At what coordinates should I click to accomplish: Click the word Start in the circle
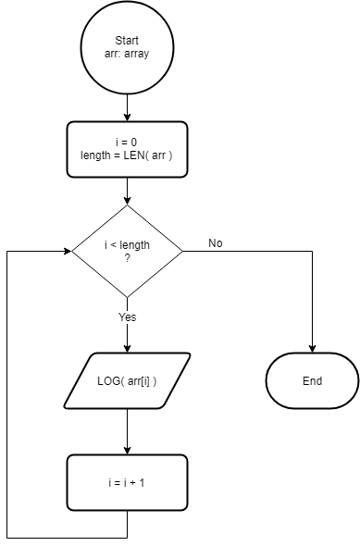coord(127,41)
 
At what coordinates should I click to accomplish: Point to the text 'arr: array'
coord(127,54)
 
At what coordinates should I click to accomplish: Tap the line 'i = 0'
coord(127,143)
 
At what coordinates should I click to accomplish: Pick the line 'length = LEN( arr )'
coord(127,155)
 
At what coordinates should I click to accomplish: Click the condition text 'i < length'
coord(127,244)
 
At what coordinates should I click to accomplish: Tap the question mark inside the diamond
coord(127,257)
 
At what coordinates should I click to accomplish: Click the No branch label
coord(215,243)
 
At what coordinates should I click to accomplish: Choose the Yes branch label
coord(128,316)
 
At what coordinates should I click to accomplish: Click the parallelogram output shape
coord(127,380)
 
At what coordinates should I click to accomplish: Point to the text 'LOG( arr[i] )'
coord(127,380)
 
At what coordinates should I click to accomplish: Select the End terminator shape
coord(312,380)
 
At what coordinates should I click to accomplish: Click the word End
coord(312,380)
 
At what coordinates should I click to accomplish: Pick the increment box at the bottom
coord(127,482)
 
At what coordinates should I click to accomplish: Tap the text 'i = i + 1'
coord(127,482)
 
